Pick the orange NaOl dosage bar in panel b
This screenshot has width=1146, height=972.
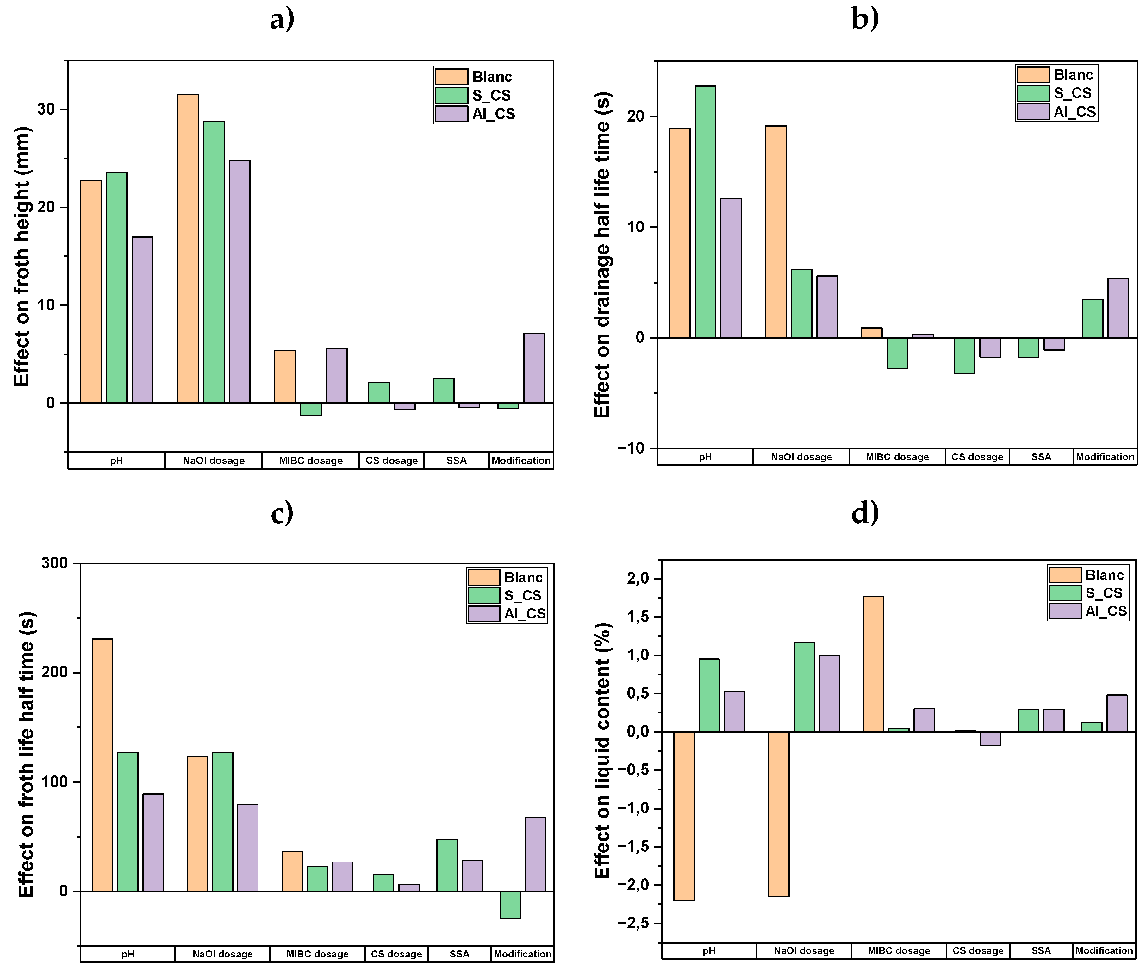(775, 231)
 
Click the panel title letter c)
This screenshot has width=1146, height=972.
(282, 512)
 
